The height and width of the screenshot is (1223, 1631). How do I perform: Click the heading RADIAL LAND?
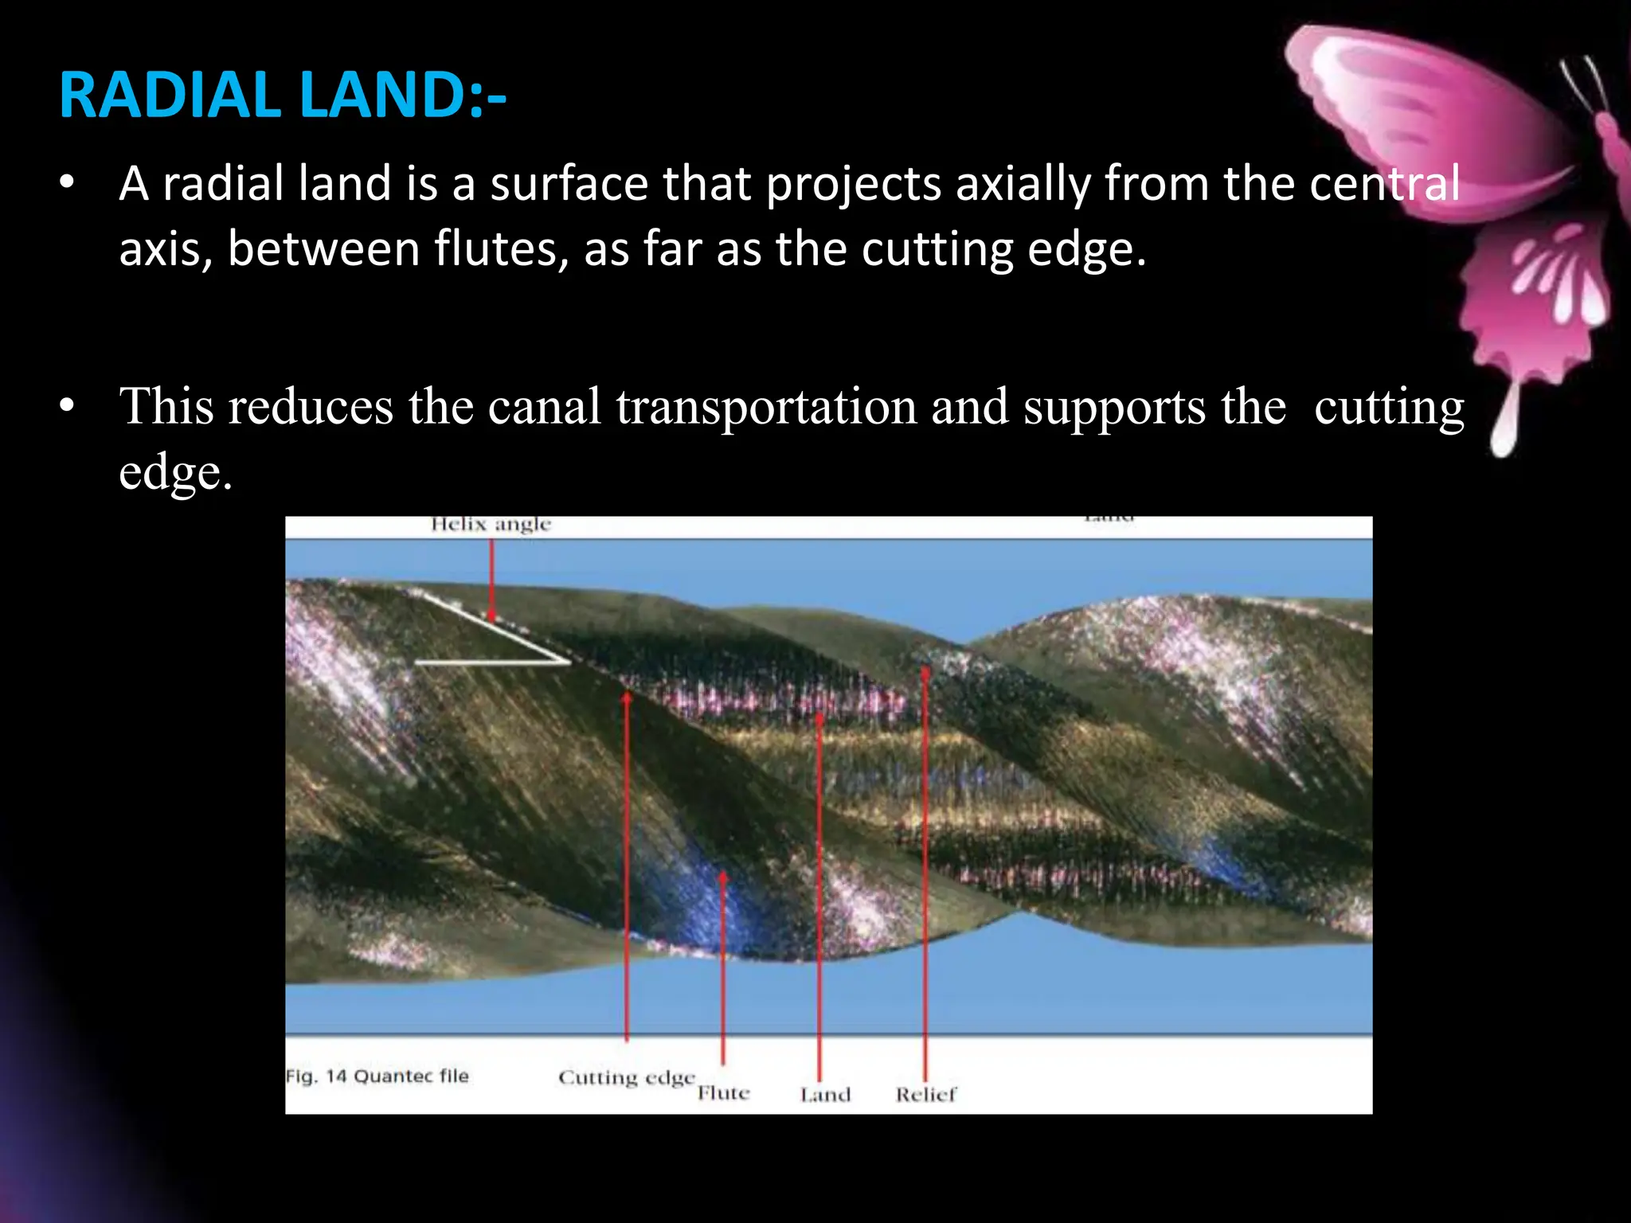point(282,96)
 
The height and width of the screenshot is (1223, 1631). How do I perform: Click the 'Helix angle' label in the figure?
point(491,524)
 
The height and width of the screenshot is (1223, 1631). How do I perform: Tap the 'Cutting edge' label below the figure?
point(626,1077)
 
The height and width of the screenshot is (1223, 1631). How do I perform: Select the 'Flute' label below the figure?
point(723,1093)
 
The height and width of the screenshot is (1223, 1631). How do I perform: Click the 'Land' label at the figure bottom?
point(825,1095)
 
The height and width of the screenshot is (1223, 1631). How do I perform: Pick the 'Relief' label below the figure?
point(925,1095)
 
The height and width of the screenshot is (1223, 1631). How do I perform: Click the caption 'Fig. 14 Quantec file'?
point(377,1076)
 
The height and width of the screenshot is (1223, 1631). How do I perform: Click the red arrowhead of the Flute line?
point(723,876)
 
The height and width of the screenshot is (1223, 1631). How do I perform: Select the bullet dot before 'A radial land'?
point(67,184)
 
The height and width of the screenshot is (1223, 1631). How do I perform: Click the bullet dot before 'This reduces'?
point(67,407)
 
